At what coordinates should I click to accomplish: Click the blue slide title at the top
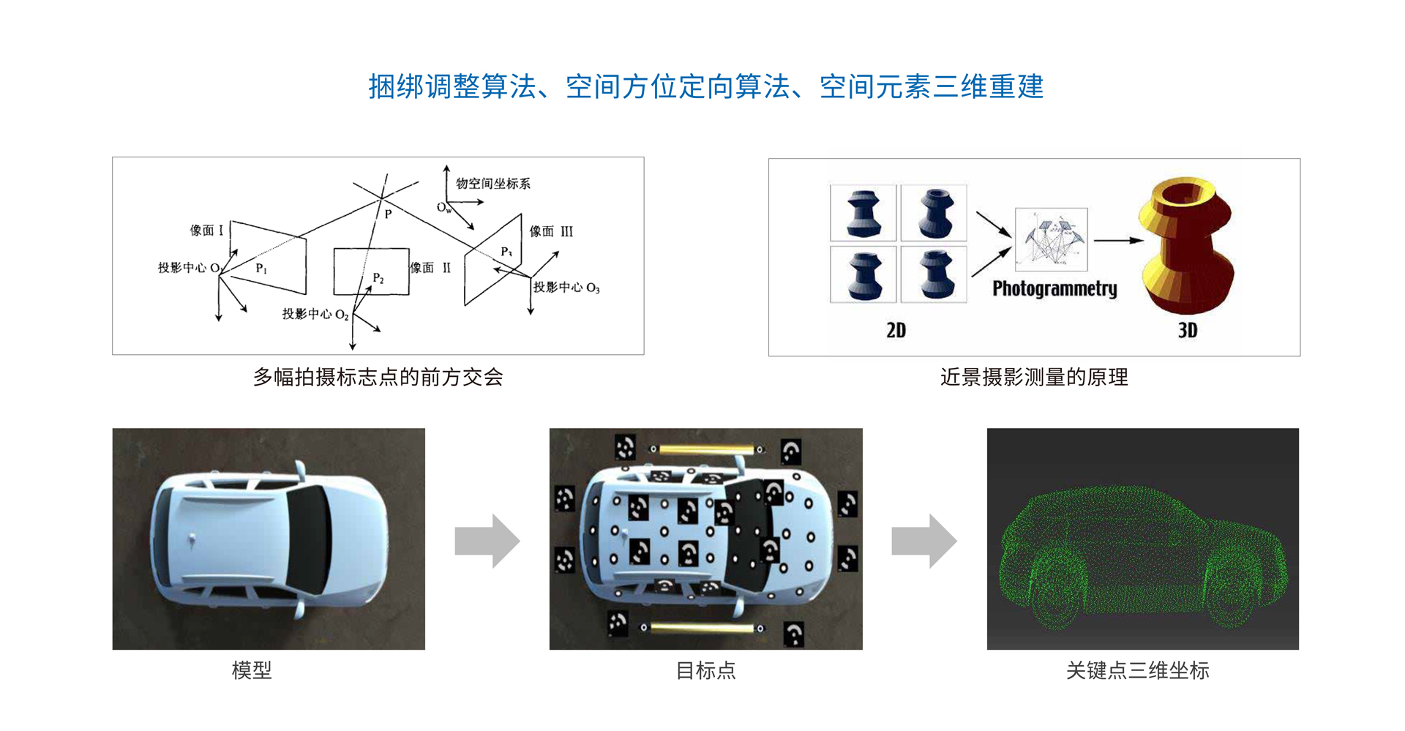point(705,86)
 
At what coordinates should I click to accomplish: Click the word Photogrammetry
point(1054,288)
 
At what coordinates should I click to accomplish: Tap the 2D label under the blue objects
point(896,330)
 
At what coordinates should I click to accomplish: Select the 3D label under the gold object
point(1187,330)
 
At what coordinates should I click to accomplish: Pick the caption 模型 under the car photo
point(251,670)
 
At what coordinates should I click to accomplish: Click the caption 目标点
point(705,670)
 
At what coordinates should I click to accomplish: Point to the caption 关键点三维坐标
point(1137,670)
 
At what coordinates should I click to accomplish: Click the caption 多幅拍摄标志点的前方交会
point(378,377)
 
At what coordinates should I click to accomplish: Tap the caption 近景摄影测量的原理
point(1033,377)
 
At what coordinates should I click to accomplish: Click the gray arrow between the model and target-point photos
point(487,541)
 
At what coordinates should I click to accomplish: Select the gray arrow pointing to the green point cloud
point(923,541)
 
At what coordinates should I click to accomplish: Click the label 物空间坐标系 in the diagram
point(492,183)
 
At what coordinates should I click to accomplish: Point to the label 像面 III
point(551,231)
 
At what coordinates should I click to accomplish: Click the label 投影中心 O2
point(315,314)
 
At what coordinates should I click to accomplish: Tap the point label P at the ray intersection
point(388,214)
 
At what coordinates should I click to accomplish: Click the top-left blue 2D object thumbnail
point(863,213)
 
